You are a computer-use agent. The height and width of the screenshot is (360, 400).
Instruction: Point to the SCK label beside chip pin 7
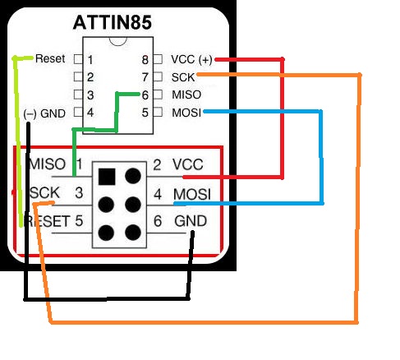click(182, 76)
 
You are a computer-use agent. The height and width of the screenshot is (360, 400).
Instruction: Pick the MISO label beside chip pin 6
click(185, 95)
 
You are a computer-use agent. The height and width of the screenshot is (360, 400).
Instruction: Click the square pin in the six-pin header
click(106, 175)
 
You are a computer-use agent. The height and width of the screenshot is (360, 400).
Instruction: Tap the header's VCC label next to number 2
click(187, 164)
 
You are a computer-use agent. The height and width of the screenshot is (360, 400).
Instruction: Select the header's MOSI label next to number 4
click(191, 194)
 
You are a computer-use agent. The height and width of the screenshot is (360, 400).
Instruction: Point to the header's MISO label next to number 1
click(47, 164)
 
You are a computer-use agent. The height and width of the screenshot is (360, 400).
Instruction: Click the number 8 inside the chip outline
click(145, 60)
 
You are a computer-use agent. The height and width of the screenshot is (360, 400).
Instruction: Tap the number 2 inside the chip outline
click(90, 77)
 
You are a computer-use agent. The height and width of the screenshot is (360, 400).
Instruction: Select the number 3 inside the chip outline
click(90, 95)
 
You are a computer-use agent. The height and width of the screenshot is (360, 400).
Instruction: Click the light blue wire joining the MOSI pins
click(320, 156)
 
